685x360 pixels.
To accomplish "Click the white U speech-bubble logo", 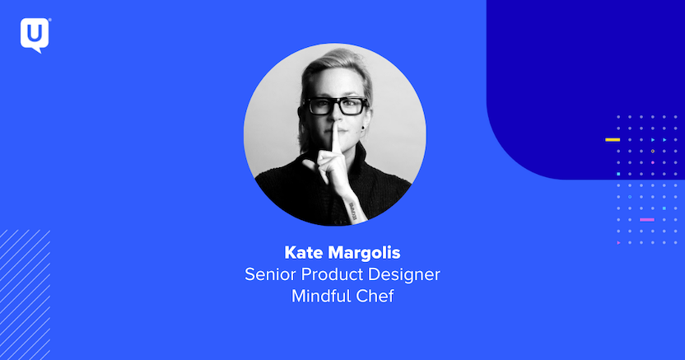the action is (x=35, y=35).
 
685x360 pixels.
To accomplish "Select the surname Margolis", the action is (x=365, y=254).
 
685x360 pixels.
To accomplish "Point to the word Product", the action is (x=332, y=274).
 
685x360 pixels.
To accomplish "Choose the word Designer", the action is (x=404, y=275).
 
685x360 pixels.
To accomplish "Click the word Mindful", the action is (x=321, y=297).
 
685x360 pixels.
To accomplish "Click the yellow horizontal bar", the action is (x=613, y=140).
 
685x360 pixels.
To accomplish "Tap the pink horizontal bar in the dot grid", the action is (x=647, y=220).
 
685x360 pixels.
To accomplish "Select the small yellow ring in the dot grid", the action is (x=653, y=151).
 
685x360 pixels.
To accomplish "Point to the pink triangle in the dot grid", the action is (x=618, y=242).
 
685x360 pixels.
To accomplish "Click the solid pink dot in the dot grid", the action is (x=653, y=162).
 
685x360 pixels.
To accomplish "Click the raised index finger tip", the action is (x=335, y=127).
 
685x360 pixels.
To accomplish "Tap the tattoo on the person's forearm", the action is (x=352, y=211).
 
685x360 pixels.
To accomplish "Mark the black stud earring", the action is (x=362, y=129).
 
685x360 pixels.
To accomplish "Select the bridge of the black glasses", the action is (x=336, y=103).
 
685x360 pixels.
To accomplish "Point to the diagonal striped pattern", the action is (x=25, y=294).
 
